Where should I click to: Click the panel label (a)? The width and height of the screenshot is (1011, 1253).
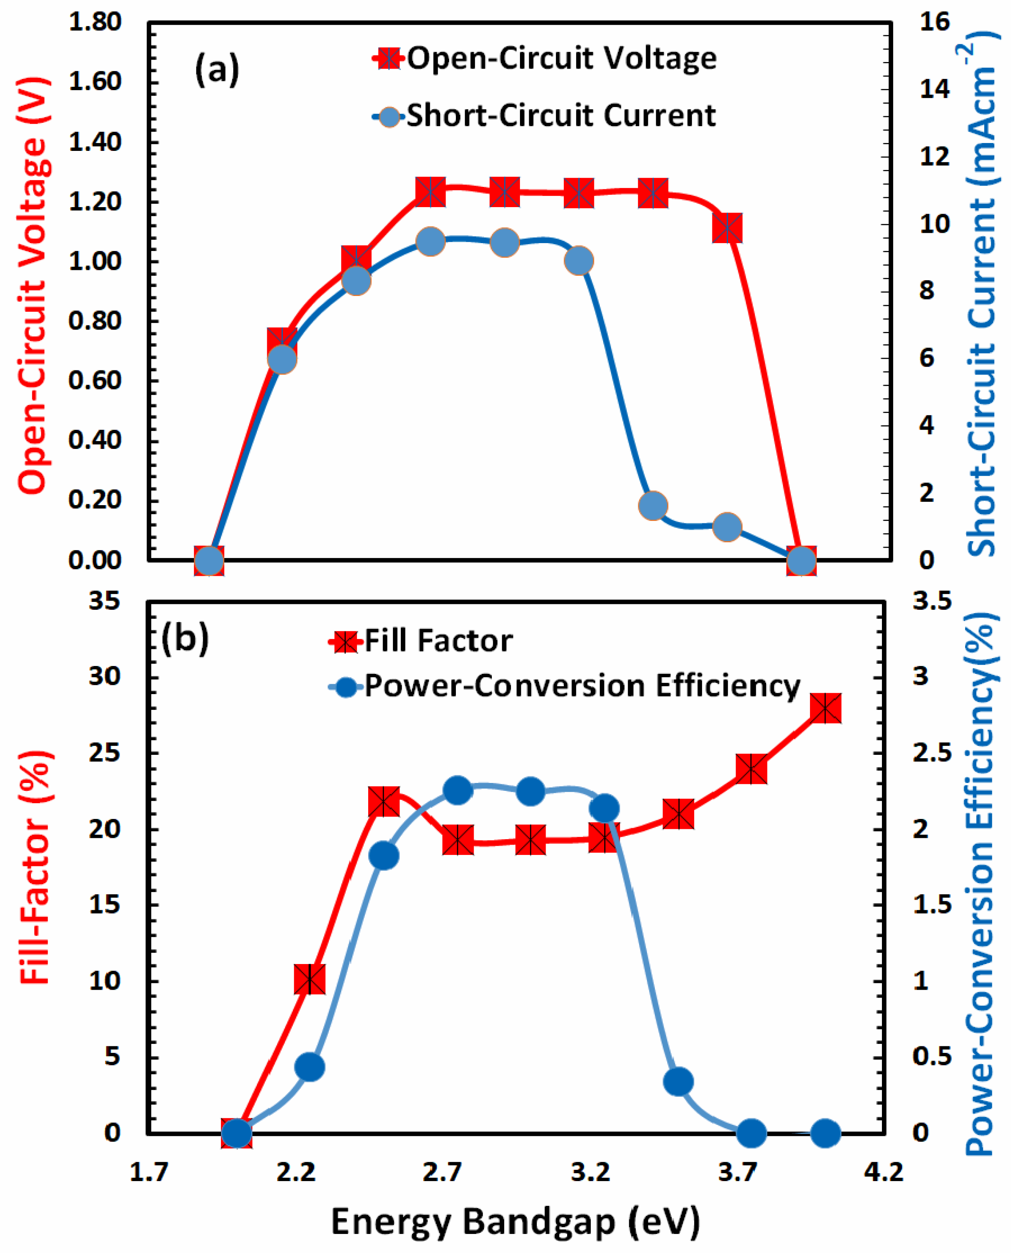(x=217, y=69)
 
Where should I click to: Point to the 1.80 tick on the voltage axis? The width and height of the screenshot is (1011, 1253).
(x=94, y=22)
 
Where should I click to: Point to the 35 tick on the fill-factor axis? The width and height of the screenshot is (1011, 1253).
(x=105, y=601)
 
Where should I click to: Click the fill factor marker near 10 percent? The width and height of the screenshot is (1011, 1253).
(x=310, y=979)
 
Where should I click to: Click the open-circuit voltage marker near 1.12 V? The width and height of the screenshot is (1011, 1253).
(x=727, y=227)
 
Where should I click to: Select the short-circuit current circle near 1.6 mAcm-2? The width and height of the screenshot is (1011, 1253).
(x=653, y=505)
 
